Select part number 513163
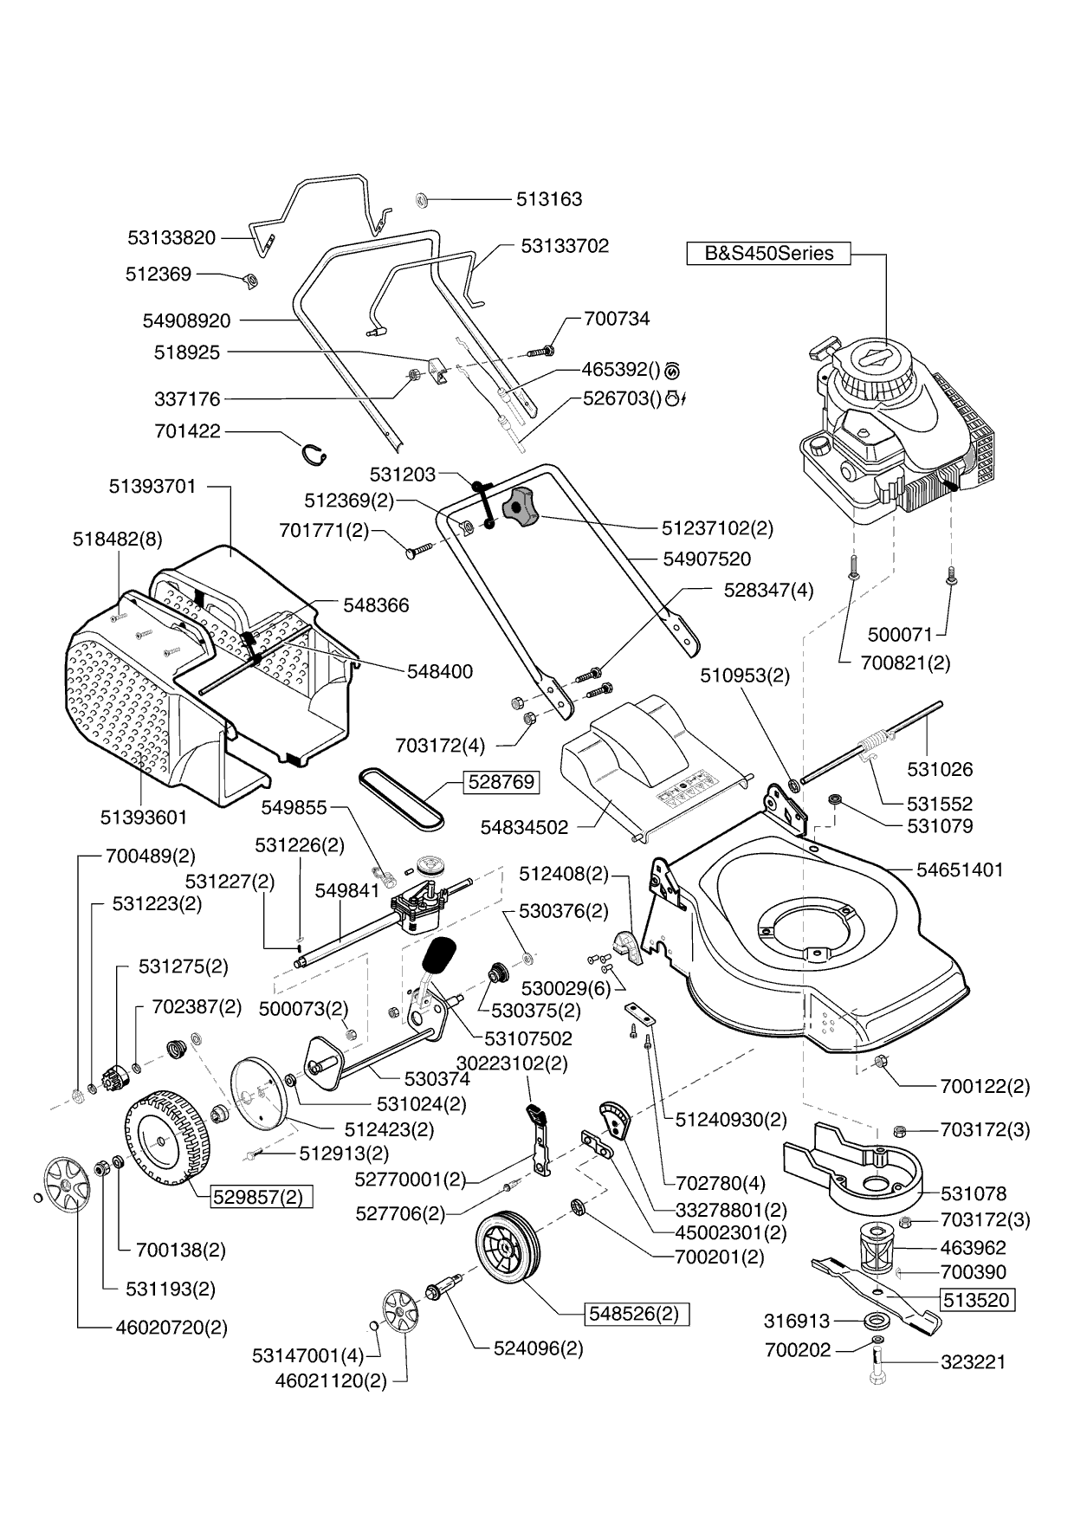click(x=549, y=199)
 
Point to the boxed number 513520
click(x=976, y=1300)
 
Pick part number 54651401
click(x=959, y=869)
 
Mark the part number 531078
click(x=974, y=1193)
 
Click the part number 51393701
click(x=152, y=487)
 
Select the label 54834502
click(x=524, y=827)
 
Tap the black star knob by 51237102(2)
click(x=521, y=505)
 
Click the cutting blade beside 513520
click(x=875, y=1294)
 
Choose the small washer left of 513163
click(x=422, y=199)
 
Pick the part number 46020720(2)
click(x=165, y=1327)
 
